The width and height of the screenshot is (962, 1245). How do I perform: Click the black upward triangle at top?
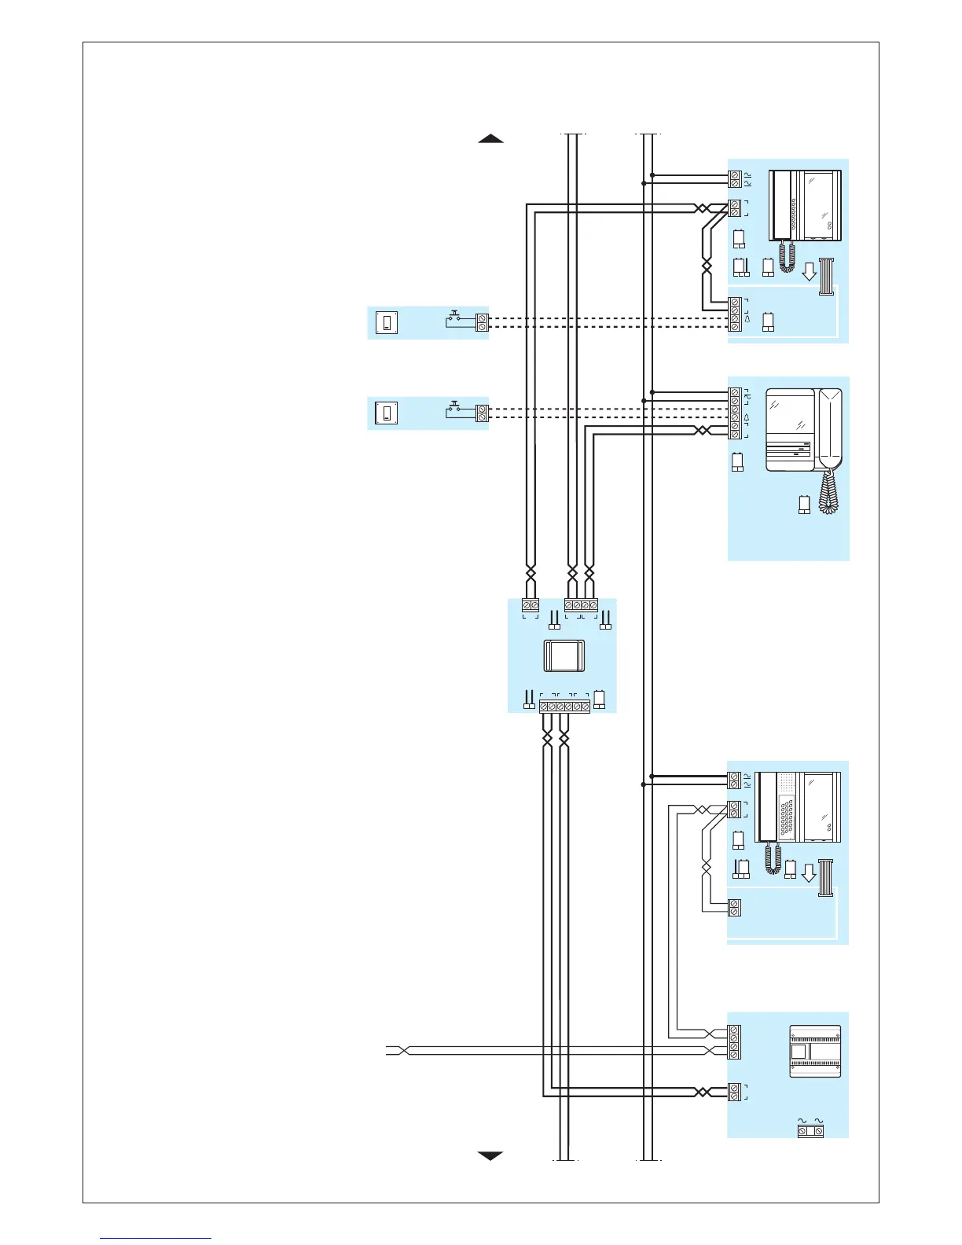(490, 139)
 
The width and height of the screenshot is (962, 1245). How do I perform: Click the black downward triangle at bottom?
(490, 1155)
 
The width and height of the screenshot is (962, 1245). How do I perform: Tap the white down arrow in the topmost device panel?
(809, 272)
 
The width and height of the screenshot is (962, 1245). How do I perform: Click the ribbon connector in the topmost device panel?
(826, 276)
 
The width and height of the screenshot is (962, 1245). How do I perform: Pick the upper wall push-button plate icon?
(386, 322)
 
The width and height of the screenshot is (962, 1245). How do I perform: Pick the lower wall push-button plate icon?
(386, 413)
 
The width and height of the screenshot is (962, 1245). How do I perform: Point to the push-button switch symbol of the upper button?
(455, 319)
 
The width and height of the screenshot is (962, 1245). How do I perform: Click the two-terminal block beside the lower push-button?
(482, 413)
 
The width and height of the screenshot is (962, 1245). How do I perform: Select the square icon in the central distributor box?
(564, 656)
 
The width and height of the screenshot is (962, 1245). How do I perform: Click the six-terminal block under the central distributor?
(564, 707)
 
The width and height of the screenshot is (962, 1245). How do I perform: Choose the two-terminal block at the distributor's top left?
(531, 605)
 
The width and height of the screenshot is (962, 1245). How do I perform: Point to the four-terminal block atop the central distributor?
(581, 605)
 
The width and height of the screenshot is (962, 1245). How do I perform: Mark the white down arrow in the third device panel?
(809, 873)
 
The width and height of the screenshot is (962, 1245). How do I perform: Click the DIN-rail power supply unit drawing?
(815, 1051)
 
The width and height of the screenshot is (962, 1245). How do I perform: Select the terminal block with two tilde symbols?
(810, 1130)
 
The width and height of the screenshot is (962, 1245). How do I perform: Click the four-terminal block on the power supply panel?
(734, 1042)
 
